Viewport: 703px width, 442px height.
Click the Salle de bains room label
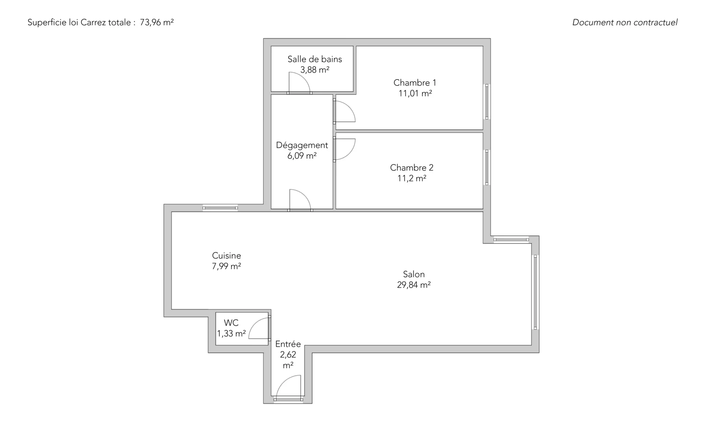[x=315, y=59]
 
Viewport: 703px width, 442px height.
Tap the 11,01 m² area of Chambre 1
[x=415, y=93]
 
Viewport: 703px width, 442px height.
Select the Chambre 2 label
[x=412, y=167]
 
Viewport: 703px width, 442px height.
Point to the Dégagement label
[x=302, y=146]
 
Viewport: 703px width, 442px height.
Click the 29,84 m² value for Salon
[x=414, y=285]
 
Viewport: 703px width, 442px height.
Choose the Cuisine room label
[x=226, y=255]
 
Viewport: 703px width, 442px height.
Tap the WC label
[x=231, y=323]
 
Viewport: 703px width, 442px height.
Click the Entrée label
[x=288, y=344]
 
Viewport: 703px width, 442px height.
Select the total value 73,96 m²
[x=157, y=22]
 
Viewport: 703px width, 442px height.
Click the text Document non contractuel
[x=625, y=22]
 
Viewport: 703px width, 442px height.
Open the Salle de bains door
[x=299, y=83]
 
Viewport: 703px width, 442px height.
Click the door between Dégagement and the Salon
[x=300, y=200]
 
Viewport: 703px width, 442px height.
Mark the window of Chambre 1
[x=487, y=102]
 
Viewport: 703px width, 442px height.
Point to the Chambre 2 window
[x=487, y=167]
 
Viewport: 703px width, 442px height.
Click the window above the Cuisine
[x=220, y=208]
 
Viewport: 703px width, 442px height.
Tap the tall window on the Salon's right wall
[x=535, y=292]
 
